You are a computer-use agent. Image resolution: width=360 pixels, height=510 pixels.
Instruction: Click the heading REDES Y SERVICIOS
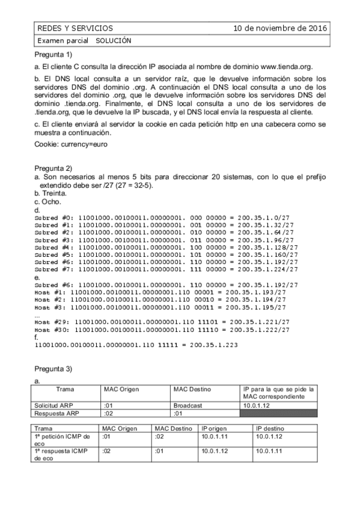(x=75, y=28)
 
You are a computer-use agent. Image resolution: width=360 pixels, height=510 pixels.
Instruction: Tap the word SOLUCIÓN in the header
(x=113, y=40)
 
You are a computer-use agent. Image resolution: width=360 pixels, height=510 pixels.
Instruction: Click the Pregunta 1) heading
(x=53, y=55)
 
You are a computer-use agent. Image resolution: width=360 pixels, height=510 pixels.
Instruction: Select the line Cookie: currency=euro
(x=72, y=144)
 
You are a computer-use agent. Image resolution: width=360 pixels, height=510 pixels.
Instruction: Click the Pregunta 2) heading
(x=53, y=168)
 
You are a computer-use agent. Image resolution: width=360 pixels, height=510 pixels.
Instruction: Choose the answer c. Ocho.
(x=48, y=202)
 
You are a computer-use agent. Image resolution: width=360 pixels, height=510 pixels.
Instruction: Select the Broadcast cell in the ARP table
(x=187, y=406)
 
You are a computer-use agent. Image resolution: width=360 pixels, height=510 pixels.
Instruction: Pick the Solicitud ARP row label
(x=55, y=406)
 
